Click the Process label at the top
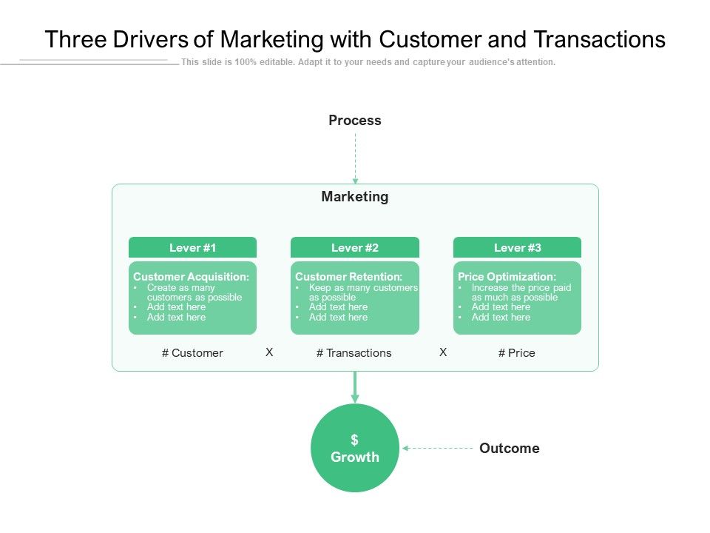[x=355, y=121]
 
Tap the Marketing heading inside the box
[x=355, y=197]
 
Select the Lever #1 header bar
[x=192, y=248]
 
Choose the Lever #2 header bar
[x=355, y=248]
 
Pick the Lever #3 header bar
[x=517, y=248]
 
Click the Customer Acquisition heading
[x=191, y=277]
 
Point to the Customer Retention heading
[x=348, y=277]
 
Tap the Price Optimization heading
[x=507, y=277]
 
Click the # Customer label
[x=192, y=353]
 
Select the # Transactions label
[x=354, y=353]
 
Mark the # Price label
[x=517, y=353]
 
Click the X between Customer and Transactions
[x=270, y=352]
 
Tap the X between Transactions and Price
[x=443, y=352]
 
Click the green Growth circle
[x=355, y=466]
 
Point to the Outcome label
[x=510, y=449]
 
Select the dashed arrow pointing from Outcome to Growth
[x=438, y=448]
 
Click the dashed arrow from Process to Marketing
[x=355, y=159]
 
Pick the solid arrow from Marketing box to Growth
[x=355, y=387]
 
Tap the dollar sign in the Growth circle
[x=355, y=440]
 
